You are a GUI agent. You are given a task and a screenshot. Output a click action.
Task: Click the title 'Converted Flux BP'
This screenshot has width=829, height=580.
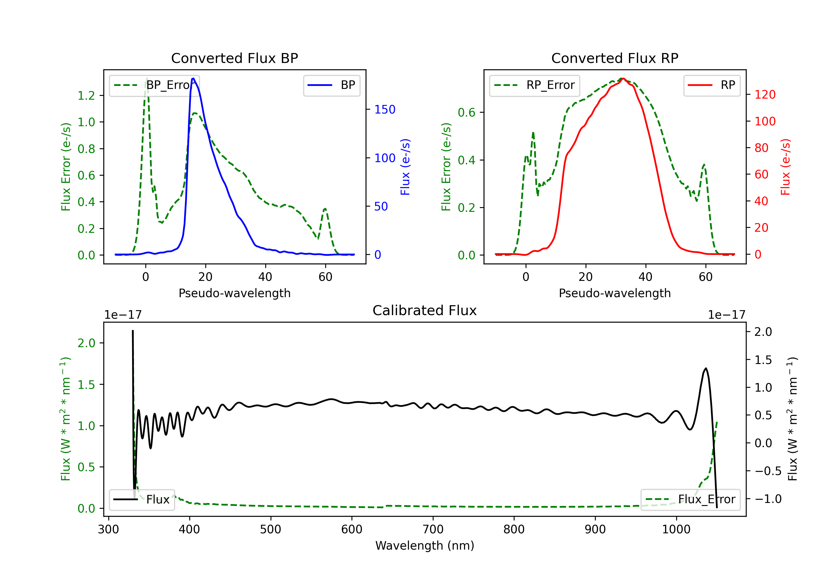(234, 58)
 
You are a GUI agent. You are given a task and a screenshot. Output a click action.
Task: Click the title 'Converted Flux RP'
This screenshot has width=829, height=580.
(615, 58)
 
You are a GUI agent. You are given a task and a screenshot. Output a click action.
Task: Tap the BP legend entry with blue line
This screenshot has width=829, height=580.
(331, 85)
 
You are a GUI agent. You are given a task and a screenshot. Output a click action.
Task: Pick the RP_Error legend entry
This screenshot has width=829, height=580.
(534, 85)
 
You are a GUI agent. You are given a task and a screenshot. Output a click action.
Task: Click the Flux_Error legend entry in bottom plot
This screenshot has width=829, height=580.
(690, 500)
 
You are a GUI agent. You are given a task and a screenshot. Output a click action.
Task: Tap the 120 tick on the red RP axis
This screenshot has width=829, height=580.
(765, 94)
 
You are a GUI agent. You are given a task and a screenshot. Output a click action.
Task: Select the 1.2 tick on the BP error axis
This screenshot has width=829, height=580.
(86, 95)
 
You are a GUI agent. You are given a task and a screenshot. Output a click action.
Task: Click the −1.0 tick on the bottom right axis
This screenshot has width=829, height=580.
(768, 499)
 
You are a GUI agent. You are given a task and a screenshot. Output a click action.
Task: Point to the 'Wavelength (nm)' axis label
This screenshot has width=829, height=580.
(425, 545)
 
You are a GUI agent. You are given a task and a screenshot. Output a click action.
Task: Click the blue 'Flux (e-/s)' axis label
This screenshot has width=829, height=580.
(405, 167)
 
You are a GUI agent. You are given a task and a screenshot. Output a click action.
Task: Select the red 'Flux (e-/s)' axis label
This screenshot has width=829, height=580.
(785, 167)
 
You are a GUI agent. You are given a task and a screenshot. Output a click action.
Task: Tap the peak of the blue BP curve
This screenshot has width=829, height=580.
(193, 78)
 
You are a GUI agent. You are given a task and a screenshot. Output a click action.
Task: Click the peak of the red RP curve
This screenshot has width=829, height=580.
(623, 78)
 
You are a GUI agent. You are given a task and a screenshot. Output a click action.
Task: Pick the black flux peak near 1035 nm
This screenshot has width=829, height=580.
(706, 368)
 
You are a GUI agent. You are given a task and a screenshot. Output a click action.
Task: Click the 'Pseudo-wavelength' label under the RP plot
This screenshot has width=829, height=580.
(615, 293)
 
